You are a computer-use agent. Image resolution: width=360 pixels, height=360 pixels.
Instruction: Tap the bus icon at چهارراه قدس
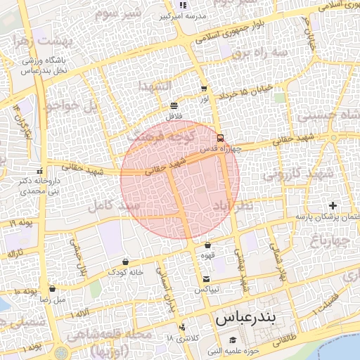(x=220, y=138)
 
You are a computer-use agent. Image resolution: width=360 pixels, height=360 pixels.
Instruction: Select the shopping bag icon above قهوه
(x=207, y=245)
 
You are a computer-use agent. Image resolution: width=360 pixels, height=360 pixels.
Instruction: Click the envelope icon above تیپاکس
(x=206, y=278)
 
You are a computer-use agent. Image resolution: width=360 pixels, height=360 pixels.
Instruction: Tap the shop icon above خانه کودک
(x=125, y=262)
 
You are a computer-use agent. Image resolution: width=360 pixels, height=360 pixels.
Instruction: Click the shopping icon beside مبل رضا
(x=52, y=288)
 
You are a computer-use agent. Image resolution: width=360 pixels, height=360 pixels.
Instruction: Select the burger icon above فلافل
(x=174, y=105)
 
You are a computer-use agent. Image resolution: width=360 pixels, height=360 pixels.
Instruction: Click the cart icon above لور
(x=204, y=89)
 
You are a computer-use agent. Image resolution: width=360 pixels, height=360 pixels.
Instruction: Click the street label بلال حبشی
(x=78, y=256)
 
